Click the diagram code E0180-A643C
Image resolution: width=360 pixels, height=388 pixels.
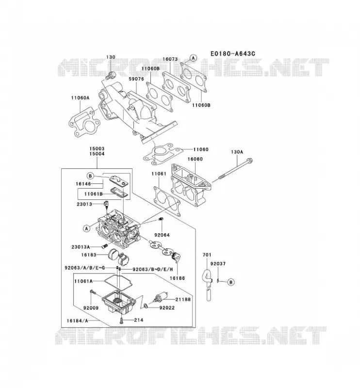[232, 53]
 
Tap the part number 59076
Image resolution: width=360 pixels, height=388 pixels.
[136, 79]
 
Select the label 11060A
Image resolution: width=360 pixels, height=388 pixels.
[80, 98]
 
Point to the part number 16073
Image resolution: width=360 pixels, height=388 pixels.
[170, 59]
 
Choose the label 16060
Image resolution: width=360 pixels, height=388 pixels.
[195, 159]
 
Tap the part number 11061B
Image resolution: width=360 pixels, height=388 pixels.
[93, 194]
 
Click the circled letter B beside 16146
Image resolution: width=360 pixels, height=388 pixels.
[90, 176]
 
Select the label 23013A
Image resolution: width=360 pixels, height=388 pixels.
[81, 247]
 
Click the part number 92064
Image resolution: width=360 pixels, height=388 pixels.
[162, 235]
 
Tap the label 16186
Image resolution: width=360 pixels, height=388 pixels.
[177, 278]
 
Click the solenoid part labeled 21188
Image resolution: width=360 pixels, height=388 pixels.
[160, 296]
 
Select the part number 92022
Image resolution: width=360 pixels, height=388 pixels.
[167, 307]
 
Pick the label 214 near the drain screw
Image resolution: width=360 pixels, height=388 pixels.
[139, 320]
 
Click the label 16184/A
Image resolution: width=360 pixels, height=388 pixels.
[77, 321]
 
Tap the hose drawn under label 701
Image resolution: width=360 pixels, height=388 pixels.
[208, 285]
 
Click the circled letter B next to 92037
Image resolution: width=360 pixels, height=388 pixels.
[231, 282]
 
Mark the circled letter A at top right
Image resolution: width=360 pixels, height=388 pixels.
[193, 58]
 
